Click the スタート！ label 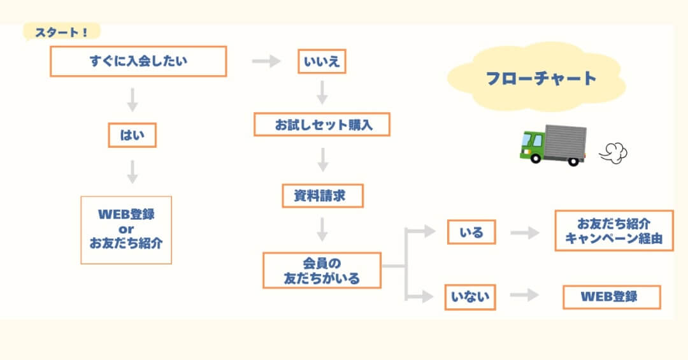coord(62,32)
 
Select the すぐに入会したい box coord(138,62)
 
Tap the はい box coord(132,135)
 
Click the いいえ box coord(322,62)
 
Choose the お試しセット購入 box coord(322,125)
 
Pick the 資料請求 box coord(322,196)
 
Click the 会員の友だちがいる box coord(322,270)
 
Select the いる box coord(471,233)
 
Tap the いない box coord(470,296)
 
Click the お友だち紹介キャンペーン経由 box coord(613,231)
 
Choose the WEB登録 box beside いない coord(612,297)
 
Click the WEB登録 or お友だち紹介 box coord(126,229)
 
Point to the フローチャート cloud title coord(541,78)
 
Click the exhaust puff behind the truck coord(613,152)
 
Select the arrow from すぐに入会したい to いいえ coord(266,62)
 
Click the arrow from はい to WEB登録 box coord(133,171)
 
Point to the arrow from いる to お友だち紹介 coord(524,233)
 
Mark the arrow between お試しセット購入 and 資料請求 coord(323,160)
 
